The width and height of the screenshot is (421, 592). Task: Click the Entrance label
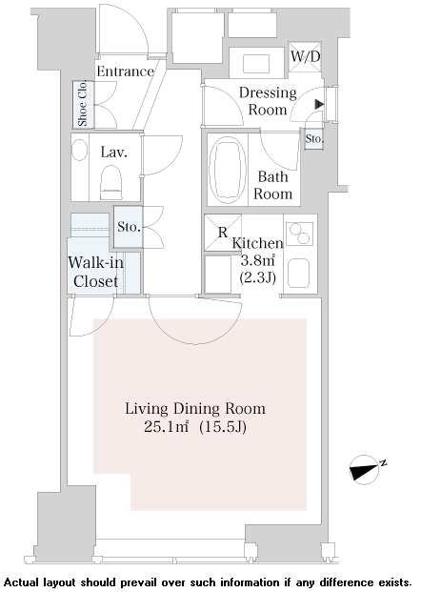point(125,71)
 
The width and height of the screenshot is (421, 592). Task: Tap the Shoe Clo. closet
point(83,104)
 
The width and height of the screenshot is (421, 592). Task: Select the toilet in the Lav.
point(111,182)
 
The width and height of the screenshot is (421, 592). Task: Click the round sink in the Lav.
point(80,150)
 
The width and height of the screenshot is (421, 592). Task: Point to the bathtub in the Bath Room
point(228,170)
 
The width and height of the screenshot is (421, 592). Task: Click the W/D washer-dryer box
point(305,56)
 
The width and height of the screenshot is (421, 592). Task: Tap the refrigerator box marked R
point(223,233)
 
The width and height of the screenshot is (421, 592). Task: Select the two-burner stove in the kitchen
point(299,235)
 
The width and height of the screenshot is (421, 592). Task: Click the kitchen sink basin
point(299,273)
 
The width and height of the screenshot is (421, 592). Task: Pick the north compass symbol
point(365,470)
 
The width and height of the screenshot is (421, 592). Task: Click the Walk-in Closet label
point(96,272)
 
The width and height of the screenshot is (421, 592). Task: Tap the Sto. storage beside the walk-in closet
point(129,227)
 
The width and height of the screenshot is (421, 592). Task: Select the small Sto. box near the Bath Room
point(314,138)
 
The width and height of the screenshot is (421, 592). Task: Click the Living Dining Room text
point(195,409)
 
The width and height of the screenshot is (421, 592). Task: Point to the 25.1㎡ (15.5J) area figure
point(195,427)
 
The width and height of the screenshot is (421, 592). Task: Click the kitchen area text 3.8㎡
point(257,260)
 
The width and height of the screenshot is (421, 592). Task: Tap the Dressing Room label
point(268,101)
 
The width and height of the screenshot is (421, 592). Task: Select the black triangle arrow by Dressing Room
point(319,104)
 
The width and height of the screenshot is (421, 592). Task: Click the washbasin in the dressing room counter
point(256,64)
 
